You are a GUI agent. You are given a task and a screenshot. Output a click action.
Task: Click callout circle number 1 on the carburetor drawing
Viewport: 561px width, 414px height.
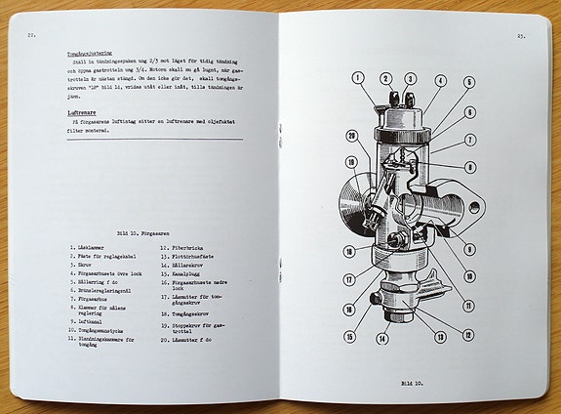pos(358,76)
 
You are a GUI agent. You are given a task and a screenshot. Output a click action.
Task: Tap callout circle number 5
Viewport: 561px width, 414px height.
pos(469,83)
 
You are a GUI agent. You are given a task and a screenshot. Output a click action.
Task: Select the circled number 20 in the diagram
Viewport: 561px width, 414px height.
pos(352,136)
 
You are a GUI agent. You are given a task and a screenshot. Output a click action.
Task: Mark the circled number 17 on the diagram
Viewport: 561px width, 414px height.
pos(349,279)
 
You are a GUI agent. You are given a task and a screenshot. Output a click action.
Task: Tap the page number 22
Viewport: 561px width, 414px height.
pos(32,35)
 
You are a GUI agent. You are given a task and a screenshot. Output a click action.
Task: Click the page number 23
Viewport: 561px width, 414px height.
pos(522,36)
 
